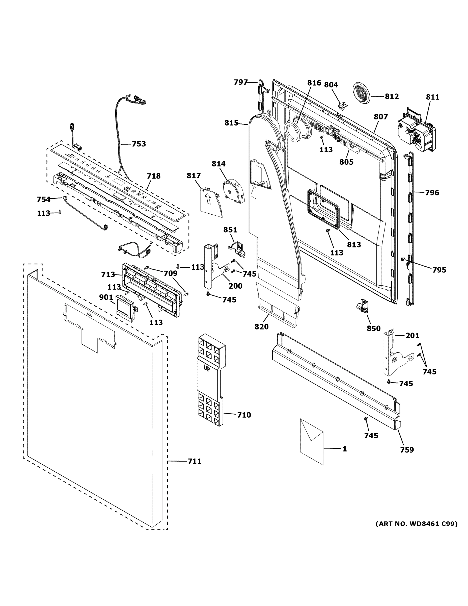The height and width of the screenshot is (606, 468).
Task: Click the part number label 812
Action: (x=392, y=96)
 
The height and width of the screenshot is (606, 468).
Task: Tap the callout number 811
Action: (x=432, y=97)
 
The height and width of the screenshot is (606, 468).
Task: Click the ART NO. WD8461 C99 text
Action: (x=416, y=524)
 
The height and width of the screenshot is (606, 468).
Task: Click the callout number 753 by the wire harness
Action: (x=139, y=144)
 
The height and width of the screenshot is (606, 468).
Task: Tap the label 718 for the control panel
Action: (x=154, y=176)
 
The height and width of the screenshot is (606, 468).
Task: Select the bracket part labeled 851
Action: (x=237, y=248)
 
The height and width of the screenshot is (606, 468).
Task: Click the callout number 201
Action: (x=412, y=336)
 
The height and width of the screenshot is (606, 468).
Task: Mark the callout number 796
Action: (x=432, y=192)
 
